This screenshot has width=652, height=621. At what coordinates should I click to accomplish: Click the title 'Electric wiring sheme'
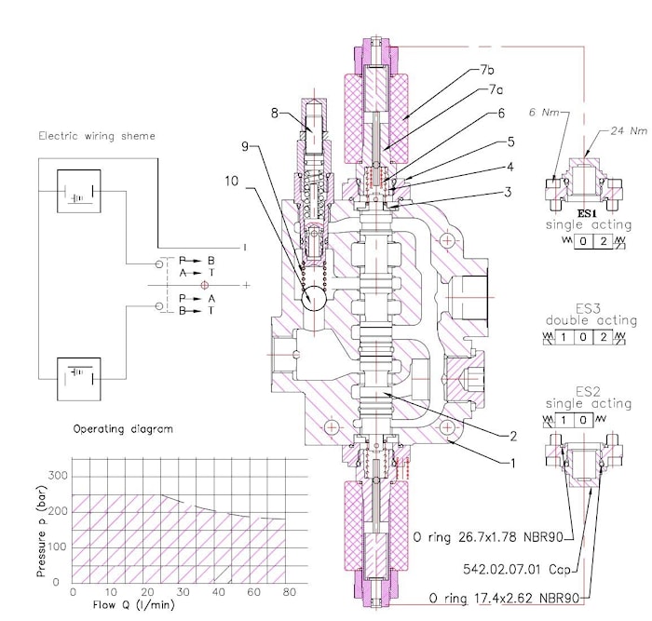coord(96,136)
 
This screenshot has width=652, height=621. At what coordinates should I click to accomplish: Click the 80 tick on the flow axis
coord(289,592)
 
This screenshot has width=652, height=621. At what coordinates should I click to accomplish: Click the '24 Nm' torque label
coord(626,130)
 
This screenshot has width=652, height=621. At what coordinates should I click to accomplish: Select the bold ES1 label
coord(588,213)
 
